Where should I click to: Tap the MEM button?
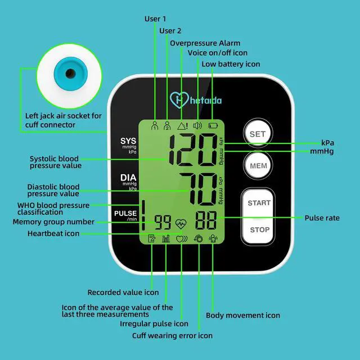[258, 166]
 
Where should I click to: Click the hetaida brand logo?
[196, 100]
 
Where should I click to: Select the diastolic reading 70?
[197, 188]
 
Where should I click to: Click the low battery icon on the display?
[213, 126]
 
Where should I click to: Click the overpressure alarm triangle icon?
[182, 126]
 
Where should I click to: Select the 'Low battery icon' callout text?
[231, 64]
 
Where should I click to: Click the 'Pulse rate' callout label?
[322, 218]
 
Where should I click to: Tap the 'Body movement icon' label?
[242, 316]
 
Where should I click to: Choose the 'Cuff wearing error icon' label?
[172, 335]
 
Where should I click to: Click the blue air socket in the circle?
[70, 74]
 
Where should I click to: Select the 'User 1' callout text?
[155, 19]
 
